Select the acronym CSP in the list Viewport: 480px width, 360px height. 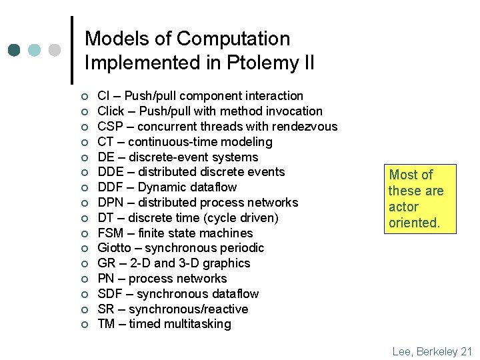[110, 127]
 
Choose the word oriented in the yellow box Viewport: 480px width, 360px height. [414, 223]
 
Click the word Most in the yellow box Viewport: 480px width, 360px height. [403, 175]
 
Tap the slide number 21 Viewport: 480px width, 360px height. [465, 351]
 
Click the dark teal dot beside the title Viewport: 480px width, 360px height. [15, 50]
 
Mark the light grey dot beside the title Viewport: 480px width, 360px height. [55, 50]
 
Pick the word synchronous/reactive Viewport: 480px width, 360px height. [188, 309]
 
